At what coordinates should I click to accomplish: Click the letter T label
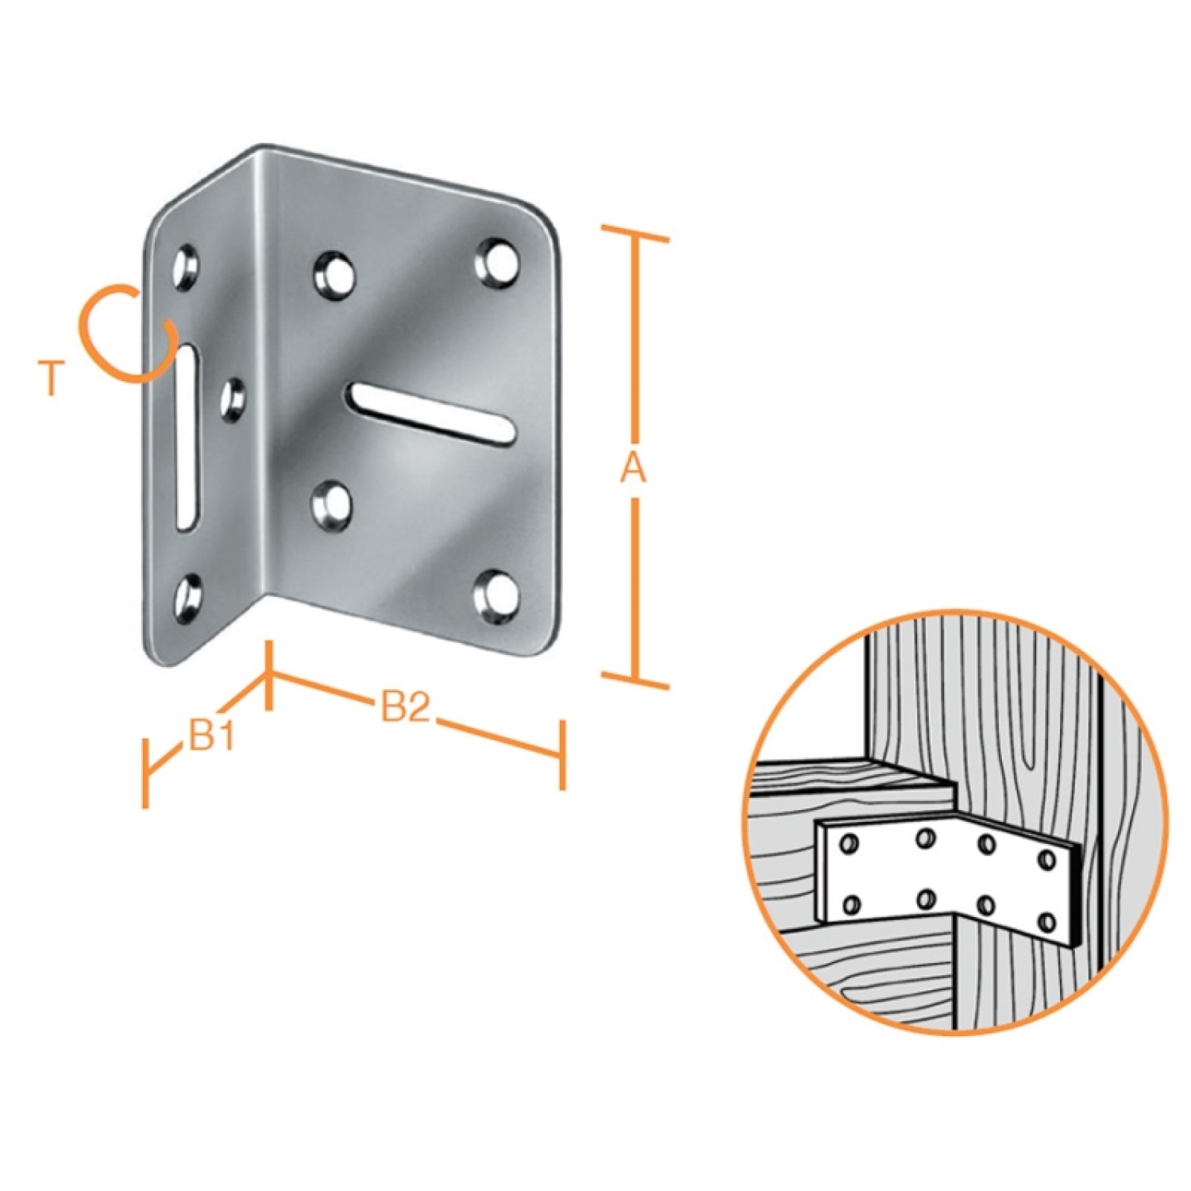(x=52, y=378)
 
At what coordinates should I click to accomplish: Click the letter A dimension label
(x=634, y=469)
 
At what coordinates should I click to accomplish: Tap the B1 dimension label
(x=211, y=736)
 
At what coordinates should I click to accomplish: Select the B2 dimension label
(x=406, y=706)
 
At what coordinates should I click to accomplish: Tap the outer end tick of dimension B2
(x=562, y=755)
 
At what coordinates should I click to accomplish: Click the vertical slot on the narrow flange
(x=187, y=436)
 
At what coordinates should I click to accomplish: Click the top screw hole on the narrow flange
(x=187, y=267)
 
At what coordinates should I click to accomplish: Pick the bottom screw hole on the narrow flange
(x=187, y=597)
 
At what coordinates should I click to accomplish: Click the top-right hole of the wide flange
(x=497, y=261)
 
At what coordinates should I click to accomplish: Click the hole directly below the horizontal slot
(x=333, y=506)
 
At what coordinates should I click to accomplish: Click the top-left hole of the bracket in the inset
(x=849, y=843)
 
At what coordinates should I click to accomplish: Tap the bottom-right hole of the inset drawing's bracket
(x=1047, y=923)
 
